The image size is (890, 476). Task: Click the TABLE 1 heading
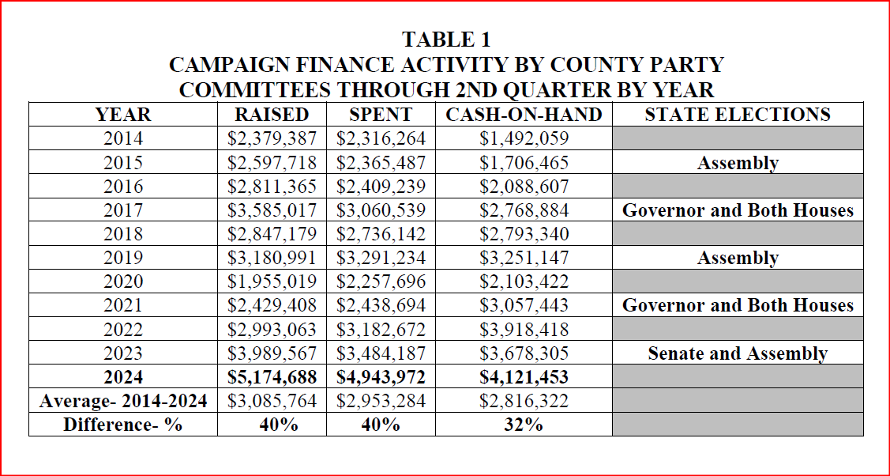[x=446, y=39]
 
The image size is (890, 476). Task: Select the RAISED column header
[x=272, y=115]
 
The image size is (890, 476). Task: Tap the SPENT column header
[x=381, y=115]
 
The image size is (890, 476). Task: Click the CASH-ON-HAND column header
[x=524, y=115]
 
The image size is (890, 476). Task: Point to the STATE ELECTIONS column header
[x=738, y=115]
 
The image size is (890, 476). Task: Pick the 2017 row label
[x=123, y=210]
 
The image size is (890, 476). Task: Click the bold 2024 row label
[x=123, y=377]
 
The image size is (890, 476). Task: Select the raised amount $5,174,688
[x=272, y=377]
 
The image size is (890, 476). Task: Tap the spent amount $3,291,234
[x=381, y=258]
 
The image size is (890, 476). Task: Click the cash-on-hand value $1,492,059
[x=524, y=139]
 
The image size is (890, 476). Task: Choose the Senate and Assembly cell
[x=738, y=353]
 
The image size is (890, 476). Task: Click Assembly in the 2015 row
[x=738, y=163]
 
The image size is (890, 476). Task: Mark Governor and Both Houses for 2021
[x=738, y=305]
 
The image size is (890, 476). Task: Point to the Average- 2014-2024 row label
[x=123, y=401]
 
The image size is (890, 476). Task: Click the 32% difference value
[x=524, y=425]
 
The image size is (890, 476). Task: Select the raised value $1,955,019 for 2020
[x=272, y=281]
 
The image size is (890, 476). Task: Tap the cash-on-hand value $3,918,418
[x=524, y=329]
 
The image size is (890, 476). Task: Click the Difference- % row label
[x=123, y=425]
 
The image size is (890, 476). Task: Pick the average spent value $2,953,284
[x=381, y=401]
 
